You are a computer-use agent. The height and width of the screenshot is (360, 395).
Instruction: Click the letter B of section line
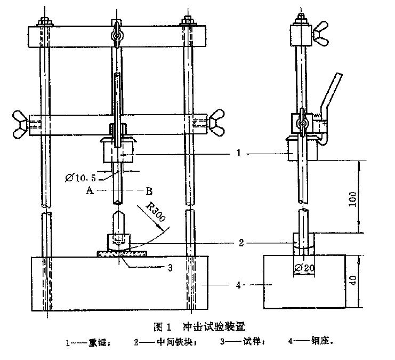[150, 190]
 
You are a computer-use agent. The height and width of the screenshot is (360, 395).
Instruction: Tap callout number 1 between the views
[239, 154]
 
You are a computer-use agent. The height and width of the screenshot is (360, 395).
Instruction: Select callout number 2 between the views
[241, 243]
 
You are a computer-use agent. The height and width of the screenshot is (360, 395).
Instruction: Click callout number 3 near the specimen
[170, 267]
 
